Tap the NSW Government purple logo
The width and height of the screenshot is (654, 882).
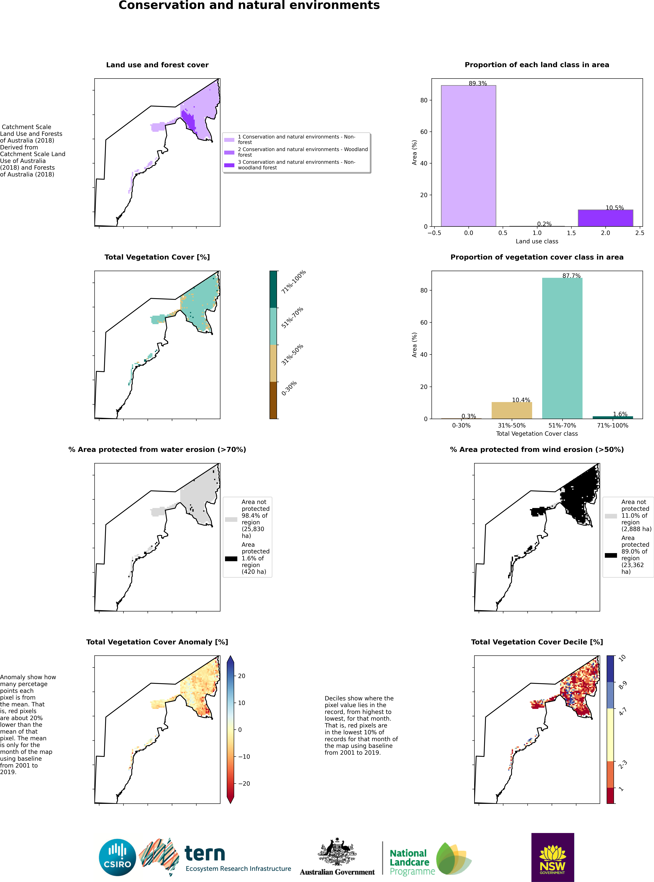tap(552, 857)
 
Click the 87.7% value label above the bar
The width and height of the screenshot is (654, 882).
tap(571, 276)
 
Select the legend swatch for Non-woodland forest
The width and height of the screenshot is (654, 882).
tap(229, 165)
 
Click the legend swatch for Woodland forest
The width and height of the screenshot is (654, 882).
tap(229, 152)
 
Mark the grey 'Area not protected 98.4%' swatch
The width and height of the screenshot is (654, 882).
tap(231, 519)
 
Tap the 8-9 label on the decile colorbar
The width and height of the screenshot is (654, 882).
tap(622, 685)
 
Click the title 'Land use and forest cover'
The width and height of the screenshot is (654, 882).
tap(157, 65)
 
